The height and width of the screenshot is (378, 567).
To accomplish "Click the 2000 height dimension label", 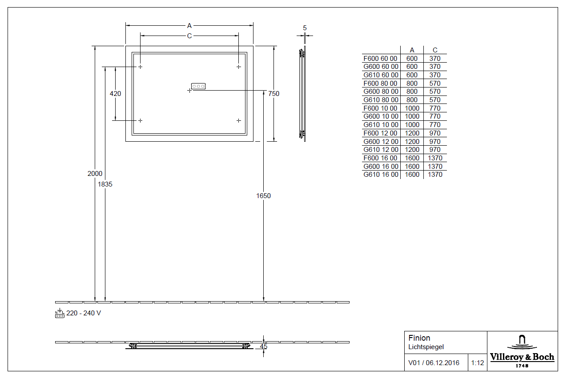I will (x=95, y=174).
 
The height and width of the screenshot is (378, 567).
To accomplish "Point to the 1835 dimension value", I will (x=105, y=184).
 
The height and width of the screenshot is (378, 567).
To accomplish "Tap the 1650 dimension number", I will (x=263, y=196).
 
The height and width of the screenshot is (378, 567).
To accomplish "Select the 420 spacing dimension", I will (x=115, y=94).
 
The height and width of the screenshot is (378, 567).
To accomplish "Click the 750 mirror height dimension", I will (x=273, y=94).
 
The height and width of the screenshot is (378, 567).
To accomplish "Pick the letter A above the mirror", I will (x=189, y=26).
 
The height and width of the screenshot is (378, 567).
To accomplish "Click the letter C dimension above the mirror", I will (x=189, y=36).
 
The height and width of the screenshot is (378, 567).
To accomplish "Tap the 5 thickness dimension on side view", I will (x=305, y=28).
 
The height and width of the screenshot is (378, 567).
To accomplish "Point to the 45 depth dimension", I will (x=263, y=346).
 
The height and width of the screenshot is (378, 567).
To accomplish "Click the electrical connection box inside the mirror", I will (x=198, y=86).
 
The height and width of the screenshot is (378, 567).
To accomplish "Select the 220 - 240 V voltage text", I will (x=84, y=313).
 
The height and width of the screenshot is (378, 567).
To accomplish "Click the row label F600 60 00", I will (x=381, y=58).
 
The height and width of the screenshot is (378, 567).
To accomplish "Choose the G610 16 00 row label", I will (x=381, y=175).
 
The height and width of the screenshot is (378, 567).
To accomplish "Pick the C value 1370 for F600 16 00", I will (x=435, y=158).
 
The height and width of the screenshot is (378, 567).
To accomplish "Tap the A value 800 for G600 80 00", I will (x=412, y=92).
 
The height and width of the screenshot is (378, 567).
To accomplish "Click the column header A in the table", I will (x=412, y=50).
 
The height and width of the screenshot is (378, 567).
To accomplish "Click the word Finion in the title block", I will (x=419, y=338).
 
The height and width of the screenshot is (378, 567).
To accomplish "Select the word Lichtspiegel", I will (x=426, y=347).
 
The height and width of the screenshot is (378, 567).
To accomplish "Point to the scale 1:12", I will (x=478, y=363).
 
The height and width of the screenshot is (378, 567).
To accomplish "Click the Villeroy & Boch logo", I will (x=522, y=351).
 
